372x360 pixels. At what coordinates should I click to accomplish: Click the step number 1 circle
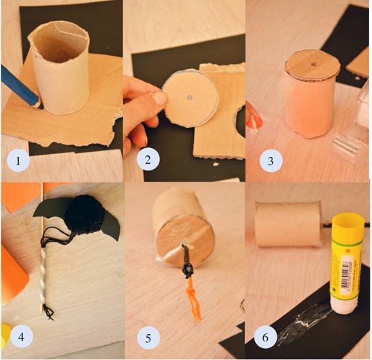pos(18,161)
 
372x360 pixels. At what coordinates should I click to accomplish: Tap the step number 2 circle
pos(148,160)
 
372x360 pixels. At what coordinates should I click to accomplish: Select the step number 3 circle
pos(271,161)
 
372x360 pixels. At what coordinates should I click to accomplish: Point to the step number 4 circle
pos(22,336)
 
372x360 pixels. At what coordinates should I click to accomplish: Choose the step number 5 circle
pos(148,338)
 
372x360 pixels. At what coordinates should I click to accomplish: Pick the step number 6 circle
pos(266,337)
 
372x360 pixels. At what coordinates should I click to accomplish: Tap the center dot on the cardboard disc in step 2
pos(190,97)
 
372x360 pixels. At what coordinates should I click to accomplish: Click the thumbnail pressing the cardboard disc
pos(159,97)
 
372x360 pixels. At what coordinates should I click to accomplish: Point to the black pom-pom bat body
pos(84,215)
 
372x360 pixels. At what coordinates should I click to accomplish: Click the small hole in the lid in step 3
pos(314,65)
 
